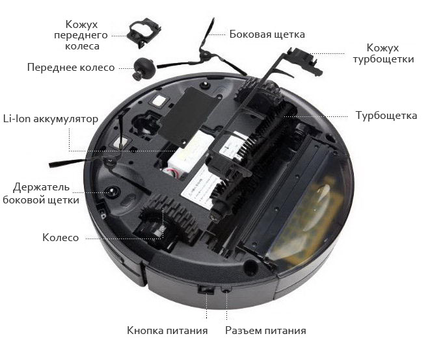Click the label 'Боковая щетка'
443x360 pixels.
click(x=267, y=34)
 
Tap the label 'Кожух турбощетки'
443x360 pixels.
click(x=383, y=53)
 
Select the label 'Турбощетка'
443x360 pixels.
click(x=386, y=116)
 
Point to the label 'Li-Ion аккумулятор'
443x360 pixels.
click(x=51, y=119)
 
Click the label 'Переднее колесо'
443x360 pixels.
click(x=71, y=68)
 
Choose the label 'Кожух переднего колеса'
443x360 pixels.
click(x=81, y=35)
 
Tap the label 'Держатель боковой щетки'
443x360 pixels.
click(x=41, y=194)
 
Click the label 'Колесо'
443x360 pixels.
click(x=60, y=238)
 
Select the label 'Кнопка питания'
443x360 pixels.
click(x=167, y=330)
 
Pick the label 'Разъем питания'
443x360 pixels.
click(x=265, y=330)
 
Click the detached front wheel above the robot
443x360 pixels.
click(x=144, y=69)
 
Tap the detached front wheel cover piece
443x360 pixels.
click(x=144, y=32)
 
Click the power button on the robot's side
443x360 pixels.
click(x=206, y=290)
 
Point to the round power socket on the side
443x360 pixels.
click(x=226, y=290)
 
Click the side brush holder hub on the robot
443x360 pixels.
click(x=112, y=192)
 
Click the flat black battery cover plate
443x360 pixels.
click(x=189, y=116)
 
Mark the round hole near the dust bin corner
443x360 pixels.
click(x=250, y=266)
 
